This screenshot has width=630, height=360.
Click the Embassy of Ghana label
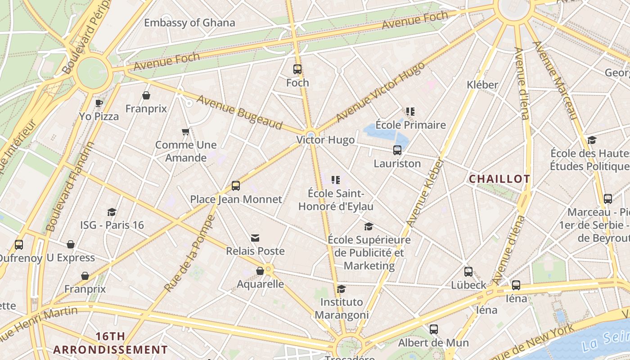[x=189, y=22]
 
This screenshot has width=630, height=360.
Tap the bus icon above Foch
[x=297, y=69]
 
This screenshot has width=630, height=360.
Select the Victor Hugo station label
[x=325, y=140]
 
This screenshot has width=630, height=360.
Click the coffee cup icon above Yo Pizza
[x=99, y=103]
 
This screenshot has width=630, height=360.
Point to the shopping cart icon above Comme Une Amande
[x=185, y=132]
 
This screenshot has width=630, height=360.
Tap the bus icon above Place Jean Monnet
[x=236, y=186]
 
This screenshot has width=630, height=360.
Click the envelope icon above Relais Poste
[x=255, y=238]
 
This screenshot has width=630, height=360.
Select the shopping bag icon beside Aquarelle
[x=260, y=271]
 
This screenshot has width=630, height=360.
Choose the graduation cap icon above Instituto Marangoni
[x=342, y=289]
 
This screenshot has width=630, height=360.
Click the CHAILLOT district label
[x=499, y=179]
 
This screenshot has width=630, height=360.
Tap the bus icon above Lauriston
[x=397, y=150]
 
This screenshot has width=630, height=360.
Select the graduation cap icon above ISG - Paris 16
[x=112, y=212]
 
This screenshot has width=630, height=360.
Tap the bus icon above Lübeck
[x=468, y=272]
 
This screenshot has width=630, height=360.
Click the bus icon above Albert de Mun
[x=433, y=329]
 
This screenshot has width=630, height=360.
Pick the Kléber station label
[x=482, y=85]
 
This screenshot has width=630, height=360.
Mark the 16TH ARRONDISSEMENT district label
[x=110, y=343]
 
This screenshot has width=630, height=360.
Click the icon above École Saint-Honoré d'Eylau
[x=335, y=180]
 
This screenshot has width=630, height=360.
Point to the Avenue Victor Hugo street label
[x=380, y=92]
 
